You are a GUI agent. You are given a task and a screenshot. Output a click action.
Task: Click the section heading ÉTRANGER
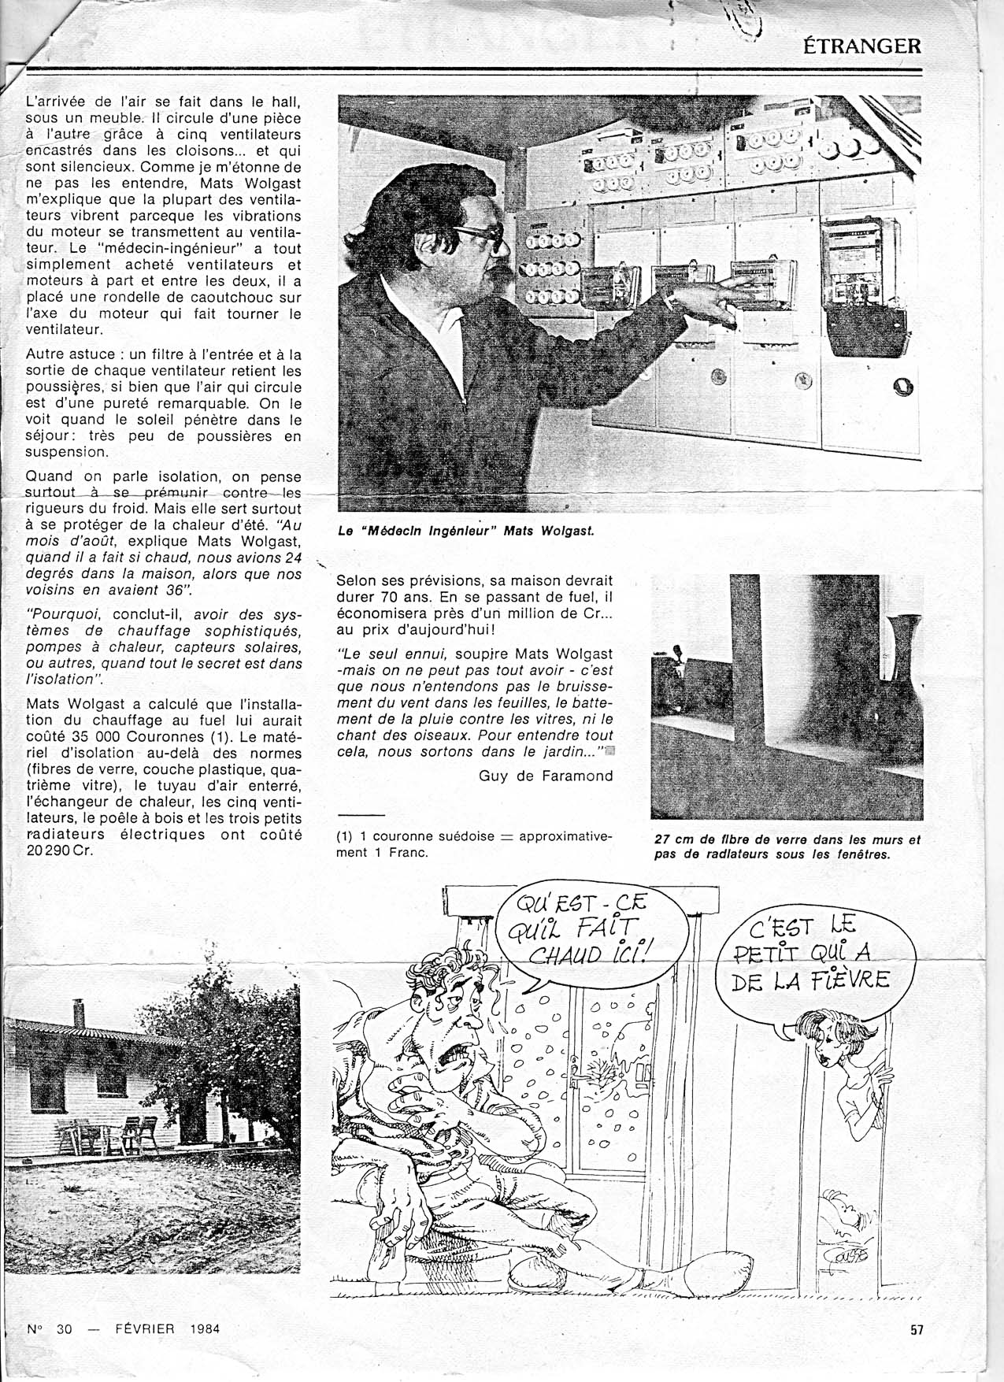[861, 46]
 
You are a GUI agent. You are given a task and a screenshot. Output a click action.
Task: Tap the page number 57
[916, 1330]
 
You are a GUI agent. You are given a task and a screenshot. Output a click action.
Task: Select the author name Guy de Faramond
[546, 776]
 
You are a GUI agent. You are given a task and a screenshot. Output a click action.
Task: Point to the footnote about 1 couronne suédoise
[473, 843]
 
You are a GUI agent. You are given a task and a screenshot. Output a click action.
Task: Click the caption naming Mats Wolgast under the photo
[465, 530]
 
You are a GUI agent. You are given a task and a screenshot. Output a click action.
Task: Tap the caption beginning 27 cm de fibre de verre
[787, 847]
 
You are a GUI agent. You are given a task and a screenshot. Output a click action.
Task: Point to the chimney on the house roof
[79, 1013]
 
